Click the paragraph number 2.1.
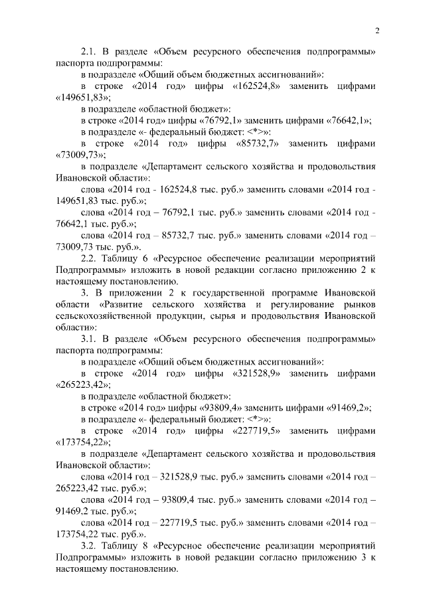coord(88,51)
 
